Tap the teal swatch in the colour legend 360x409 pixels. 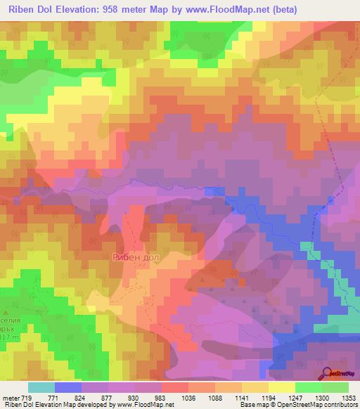click(41, 387)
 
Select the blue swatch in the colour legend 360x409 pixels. click(68, 387)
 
